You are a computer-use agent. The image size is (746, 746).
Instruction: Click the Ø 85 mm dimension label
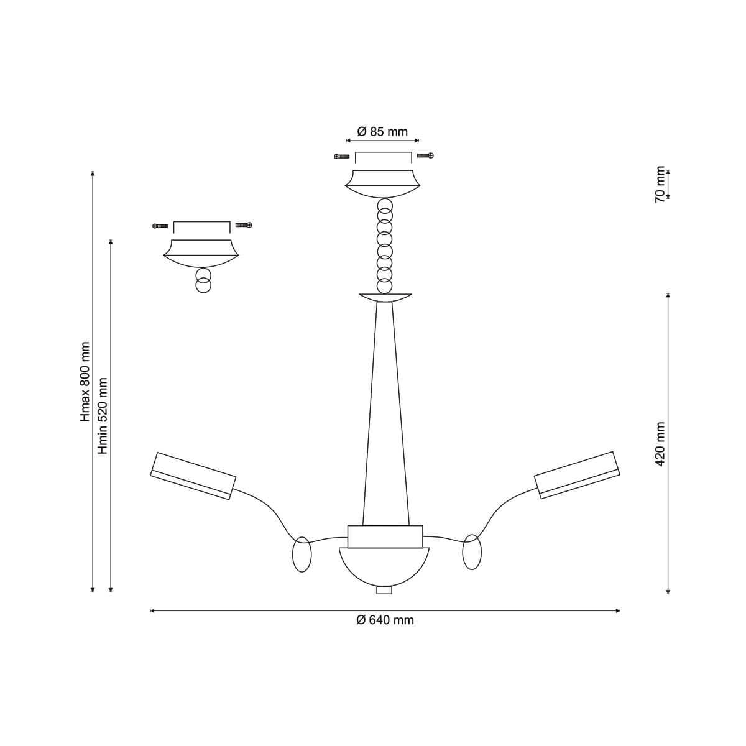pyautogui.click(x=382, y=132)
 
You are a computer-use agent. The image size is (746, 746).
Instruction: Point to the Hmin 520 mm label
pyautogui.click(x=103, y=416)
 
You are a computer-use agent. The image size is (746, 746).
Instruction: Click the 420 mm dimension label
pyautogui.click(x=661, y=444)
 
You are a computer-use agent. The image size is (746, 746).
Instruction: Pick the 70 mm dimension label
pyautogui.click(x=660, y=185)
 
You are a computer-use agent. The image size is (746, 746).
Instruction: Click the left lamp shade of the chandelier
pyautogui.click(x=193, y=476)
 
